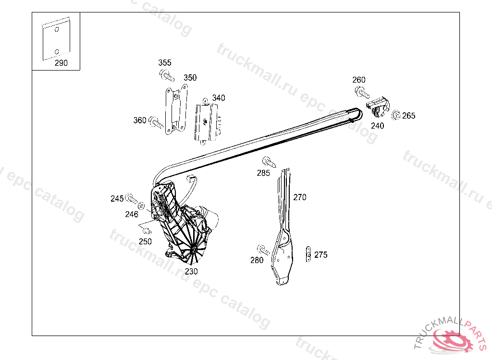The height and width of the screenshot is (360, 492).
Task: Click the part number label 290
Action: point(61,63)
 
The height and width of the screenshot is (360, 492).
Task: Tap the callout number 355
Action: point(165,63)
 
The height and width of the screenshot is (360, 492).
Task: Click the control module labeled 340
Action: point(207,122)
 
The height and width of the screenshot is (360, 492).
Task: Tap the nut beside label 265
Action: point(396,116)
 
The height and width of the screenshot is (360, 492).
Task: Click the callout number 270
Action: point(300,197)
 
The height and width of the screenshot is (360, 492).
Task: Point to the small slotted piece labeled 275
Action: point(308,254)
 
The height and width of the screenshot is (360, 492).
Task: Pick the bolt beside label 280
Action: point(263,250)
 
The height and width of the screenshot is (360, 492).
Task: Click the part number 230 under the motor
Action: point(191,271)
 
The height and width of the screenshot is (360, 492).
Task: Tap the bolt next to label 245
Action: point(131,198)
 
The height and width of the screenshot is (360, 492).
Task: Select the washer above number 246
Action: point(141,205)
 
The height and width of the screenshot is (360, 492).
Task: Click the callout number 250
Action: point(145,241)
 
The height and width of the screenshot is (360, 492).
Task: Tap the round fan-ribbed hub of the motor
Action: point(193,251)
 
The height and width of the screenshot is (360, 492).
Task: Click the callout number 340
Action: point(219,98)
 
